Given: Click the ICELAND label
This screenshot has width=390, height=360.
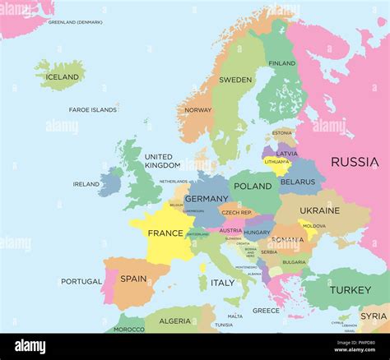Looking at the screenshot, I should coord(63,77).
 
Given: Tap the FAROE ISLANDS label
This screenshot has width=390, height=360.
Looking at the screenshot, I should coord(92,109).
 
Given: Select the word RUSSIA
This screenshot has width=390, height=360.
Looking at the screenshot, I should coord(355,162).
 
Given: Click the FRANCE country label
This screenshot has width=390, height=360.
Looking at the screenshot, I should coord(165,233).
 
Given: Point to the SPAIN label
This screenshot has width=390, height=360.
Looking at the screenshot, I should coord(133,279).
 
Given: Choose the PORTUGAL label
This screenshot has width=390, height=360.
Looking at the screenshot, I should coord(81,281).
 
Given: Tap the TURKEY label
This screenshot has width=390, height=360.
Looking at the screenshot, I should coord(351,290).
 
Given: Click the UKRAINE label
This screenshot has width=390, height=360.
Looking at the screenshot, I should coord(319,210).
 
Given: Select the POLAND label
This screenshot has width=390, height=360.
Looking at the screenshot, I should coord(253,187).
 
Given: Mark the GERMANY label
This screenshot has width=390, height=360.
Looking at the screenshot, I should coord(207,199).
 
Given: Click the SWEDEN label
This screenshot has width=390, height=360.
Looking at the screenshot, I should coord(235,81).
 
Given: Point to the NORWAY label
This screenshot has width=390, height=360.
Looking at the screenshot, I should coord(198,110).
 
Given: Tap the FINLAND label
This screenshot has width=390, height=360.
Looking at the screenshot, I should coord(282,63).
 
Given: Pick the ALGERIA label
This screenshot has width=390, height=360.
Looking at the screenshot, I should coord(174,321).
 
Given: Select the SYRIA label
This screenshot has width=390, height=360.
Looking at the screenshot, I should coord(374,316).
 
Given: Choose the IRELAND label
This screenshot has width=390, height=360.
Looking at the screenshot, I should coord(86,184).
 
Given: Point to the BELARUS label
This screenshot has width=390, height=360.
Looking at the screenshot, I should coord(297,182).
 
